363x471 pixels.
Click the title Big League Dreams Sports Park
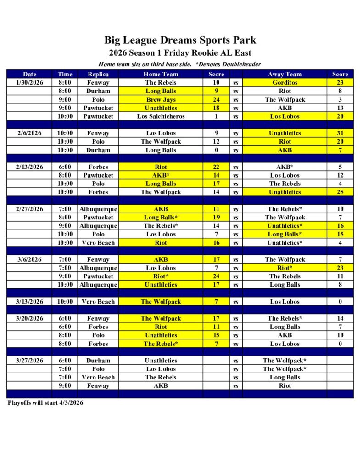(180, 40)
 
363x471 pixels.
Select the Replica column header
(98, 74)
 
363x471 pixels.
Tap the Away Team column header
(285, 74)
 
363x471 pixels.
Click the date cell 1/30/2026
(30, 83)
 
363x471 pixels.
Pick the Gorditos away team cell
(285, 83)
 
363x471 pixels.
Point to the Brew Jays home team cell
(161, 99)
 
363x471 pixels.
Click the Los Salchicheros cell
(161, 116)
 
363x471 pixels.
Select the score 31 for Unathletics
(340, 133)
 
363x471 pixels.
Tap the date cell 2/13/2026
(30, 167)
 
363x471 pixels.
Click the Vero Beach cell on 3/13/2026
(98, 302)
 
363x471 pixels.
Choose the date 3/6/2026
(30, 259)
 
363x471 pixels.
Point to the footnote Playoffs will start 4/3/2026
(45, 403)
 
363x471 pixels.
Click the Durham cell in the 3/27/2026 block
(98, 361)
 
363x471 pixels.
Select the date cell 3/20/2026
(30, 318)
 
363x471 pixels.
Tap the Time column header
(65, 74)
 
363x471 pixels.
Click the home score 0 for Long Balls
(216, 150)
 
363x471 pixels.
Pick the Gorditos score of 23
(340, 83)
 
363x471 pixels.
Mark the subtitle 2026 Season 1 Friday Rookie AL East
(180, 53)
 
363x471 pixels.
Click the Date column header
(30, 74)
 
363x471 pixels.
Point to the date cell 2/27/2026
(30, 209)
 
